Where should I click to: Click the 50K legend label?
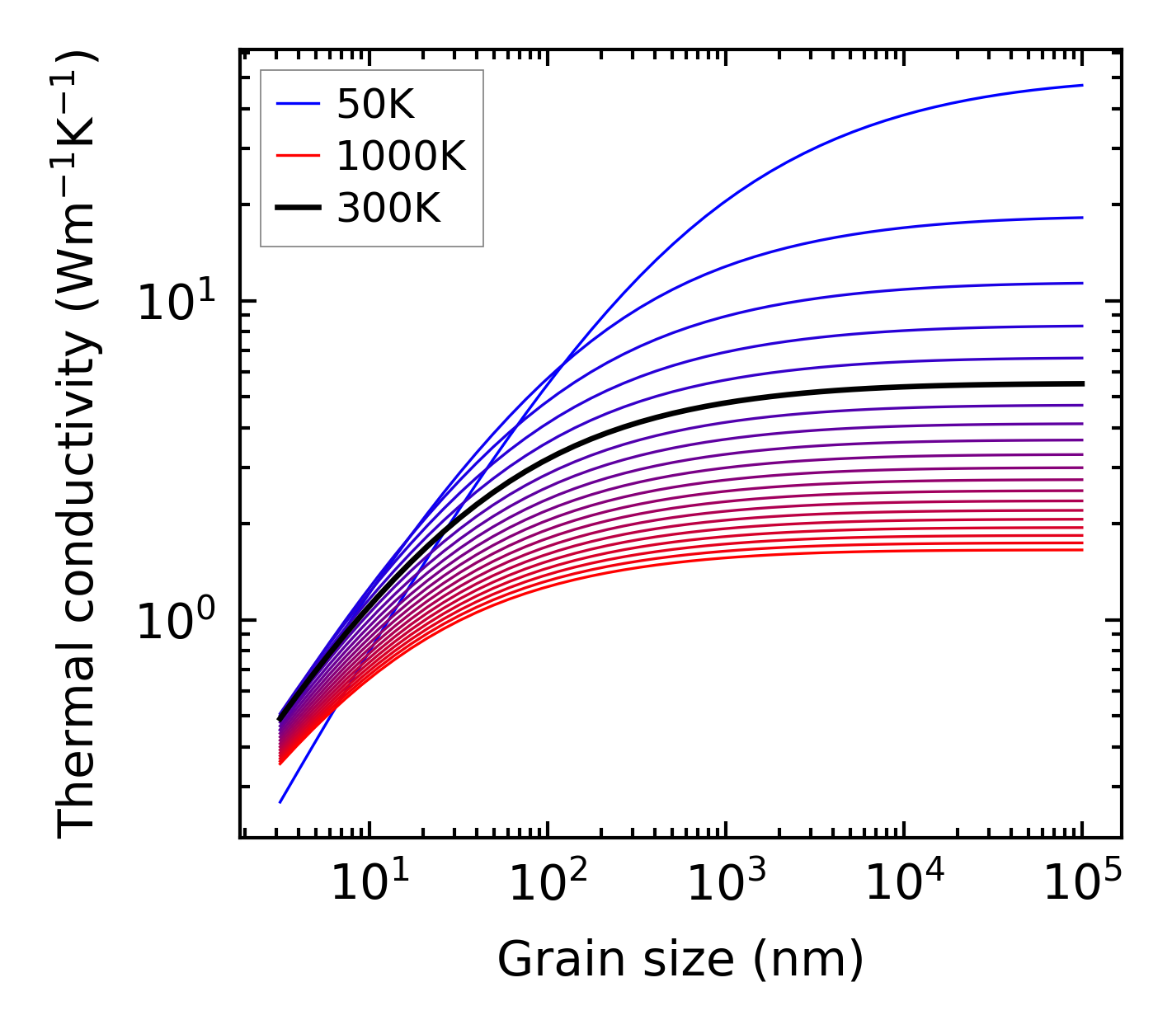click(375, 104)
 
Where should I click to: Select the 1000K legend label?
click(401, 156)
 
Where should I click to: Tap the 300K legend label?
click(388, 209)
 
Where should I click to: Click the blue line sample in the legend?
click(297, 104)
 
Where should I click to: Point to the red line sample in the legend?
click(297, 156)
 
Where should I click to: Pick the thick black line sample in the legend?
click(297, 209)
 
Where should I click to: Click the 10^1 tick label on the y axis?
click(175, 302)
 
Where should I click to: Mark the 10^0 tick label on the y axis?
click(175, 621)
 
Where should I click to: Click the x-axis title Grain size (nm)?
click(680, 960)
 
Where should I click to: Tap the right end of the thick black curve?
click(1082, 383)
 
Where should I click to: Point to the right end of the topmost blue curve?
click(1082, 85)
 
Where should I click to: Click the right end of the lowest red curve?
click(1082, 550)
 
